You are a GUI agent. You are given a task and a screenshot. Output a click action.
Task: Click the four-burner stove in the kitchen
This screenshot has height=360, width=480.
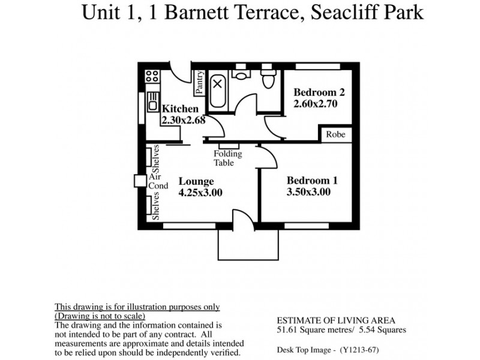coord(152,76)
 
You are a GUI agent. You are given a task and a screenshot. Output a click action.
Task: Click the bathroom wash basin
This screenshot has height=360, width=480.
coord(242,74)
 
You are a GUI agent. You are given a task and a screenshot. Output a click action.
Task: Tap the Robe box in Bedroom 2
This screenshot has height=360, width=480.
coord(335,134)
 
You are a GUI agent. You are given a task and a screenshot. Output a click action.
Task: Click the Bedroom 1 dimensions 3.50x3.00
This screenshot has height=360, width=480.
coord(308,192)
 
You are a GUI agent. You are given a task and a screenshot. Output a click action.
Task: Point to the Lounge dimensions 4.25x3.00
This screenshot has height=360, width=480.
coord(200,193)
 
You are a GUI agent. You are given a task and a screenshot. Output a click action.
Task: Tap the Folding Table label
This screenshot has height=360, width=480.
coord(228,158)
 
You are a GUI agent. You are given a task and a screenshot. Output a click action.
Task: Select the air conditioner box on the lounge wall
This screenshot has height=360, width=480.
coord(140,181)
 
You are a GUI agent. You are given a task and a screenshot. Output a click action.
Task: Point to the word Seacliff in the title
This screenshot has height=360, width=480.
coord(334,13)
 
